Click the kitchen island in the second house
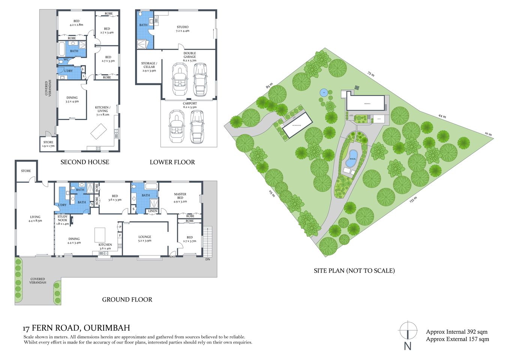coord(99,132)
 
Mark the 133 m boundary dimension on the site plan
coord(413,200)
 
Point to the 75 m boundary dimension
coord(371,74)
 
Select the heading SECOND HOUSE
coord(85,162)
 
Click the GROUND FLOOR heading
coord(127,300)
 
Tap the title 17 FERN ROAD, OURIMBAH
coord(77,328)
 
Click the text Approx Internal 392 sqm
coord(456,332)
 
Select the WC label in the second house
coord(66,60)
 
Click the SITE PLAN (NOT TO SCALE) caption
coord(354,270)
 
